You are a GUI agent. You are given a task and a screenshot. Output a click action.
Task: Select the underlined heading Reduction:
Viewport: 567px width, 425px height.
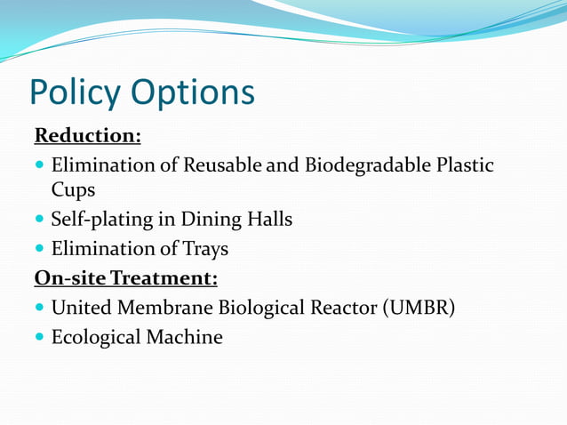pos(87,136)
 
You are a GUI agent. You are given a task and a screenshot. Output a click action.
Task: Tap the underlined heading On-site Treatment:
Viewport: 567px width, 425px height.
pos(125,278)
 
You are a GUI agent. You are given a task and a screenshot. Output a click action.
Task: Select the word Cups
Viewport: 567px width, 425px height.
pos(73,190)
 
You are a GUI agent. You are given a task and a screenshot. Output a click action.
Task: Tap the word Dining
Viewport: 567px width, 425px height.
pos(211,219)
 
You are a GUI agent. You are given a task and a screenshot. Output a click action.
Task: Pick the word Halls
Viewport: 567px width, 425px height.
pos(268,219)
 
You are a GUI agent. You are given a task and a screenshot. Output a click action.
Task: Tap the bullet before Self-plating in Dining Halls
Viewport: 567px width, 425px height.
pos(40,220)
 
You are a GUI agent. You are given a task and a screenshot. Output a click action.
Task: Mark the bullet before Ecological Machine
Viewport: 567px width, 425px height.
pos(40,338)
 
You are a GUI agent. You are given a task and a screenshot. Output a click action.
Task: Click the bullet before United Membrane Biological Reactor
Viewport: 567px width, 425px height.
pos(40,309)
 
